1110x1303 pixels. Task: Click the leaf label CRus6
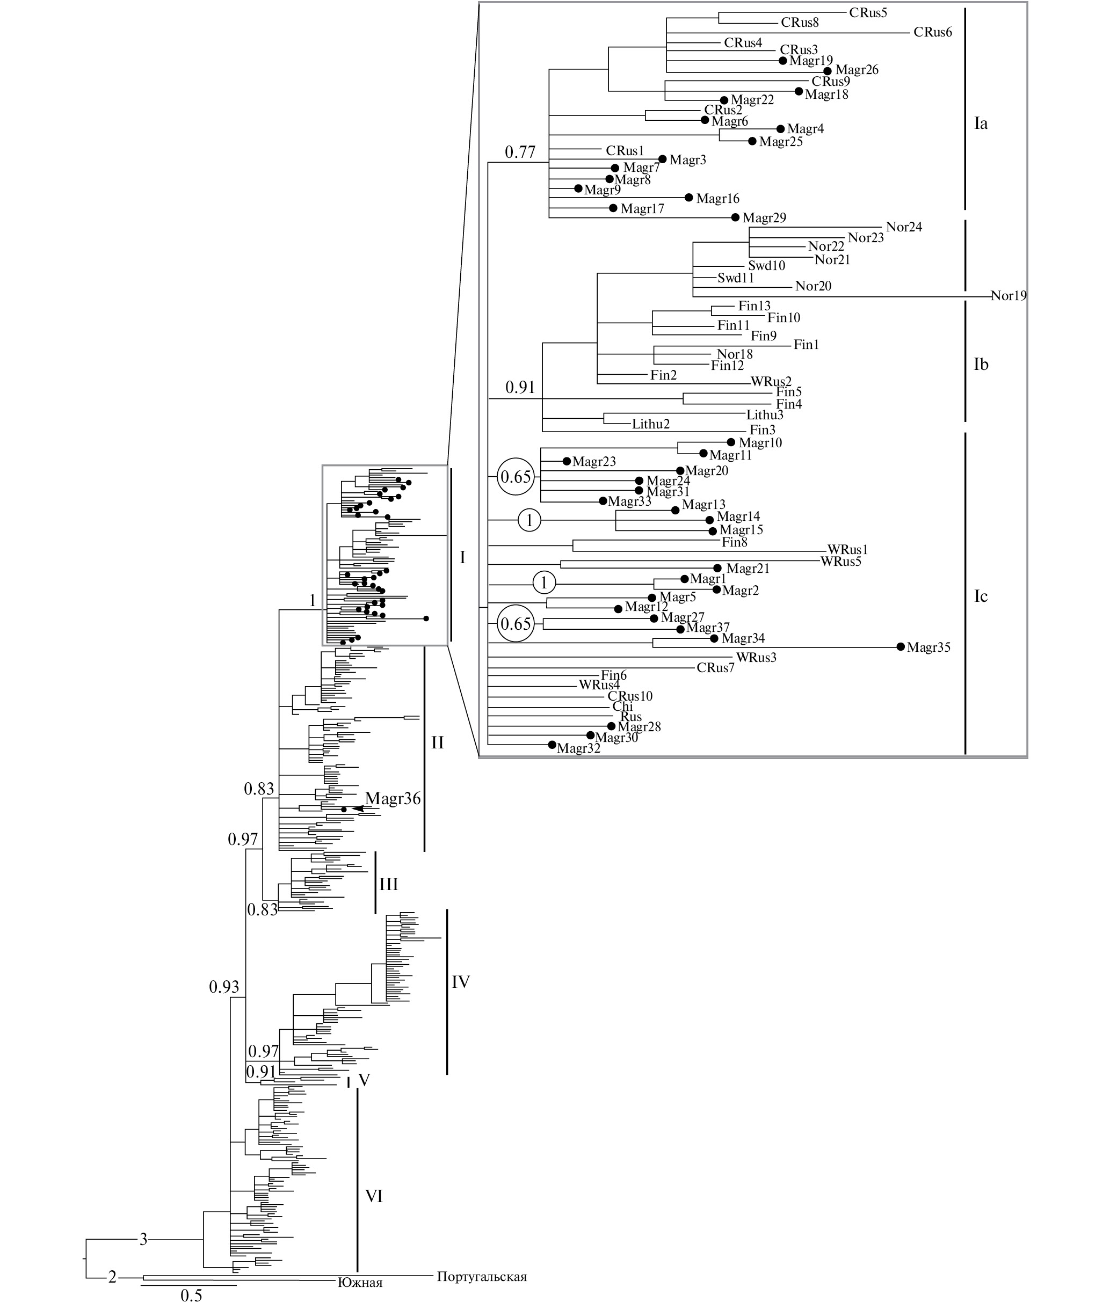[x=933, y=32]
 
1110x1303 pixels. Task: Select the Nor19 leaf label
[x=1008, y=296]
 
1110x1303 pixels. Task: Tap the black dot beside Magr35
[x=901, y=646]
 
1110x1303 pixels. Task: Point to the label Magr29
[x=764, y=218]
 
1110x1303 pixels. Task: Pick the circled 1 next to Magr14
[x=529, y=520]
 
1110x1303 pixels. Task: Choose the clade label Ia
[x=981, y=124]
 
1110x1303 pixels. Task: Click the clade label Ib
[x=981, y=365]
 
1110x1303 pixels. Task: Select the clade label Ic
[x=981, y=596]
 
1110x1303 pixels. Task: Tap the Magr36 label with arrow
[x=393, y=799]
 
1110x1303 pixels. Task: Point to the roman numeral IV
[x=460, y=981]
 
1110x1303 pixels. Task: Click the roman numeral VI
[x=374, y=1196]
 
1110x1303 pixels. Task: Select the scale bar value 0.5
[x=191, y=1295]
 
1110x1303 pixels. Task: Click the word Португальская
[x=482, y=1277]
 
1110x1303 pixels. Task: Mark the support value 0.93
[x=224, y=987]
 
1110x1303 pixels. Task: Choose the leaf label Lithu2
[x=651, y=424]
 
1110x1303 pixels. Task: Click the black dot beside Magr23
[x=567, y=461]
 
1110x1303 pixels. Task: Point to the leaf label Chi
[x=622, y=706]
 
